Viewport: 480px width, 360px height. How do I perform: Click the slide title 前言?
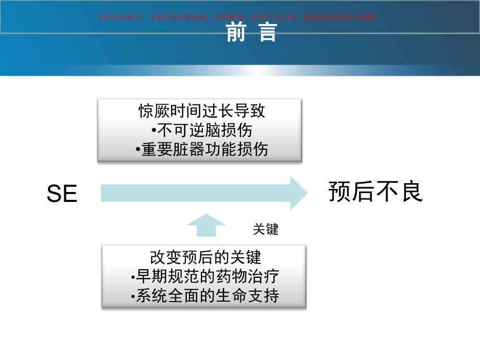251,32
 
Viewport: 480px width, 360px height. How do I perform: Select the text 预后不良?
375,192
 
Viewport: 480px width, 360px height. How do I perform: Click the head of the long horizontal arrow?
299,193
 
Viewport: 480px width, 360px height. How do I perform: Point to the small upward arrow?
206,225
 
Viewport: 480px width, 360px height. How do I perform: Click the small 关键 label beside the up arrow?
266,229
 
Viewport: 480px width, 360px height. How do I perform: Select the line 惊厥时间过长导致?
201,111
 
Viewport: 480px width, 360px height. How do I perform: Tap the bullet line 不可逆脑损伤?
201,130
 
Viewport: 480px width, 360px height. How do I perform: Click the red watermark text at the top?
237,17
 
